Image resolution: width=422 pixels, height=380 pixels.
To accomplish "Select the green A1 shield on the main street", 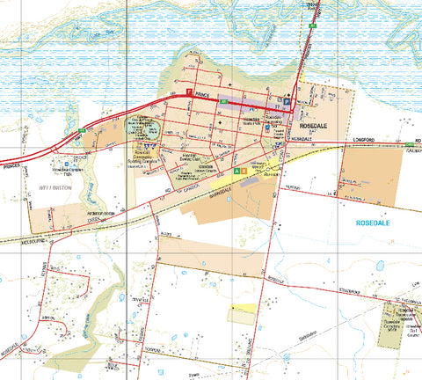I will coord(224,103).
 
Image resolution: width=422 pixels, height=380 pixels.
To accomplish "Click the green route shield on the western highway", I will coord(81,130).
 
